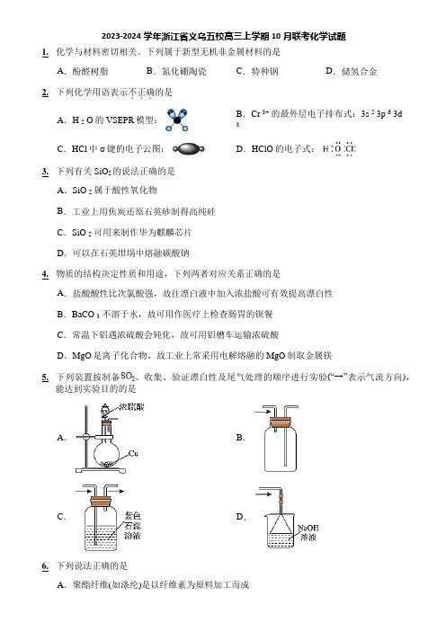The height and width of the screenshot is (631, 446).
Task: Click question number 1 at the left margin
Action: pos(45,52)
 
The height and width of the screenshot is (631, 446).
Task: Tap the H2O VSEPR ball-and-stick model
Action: pos(177,120)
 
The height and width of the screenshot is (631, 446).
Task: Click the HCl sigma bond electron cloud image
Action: pos(189,149)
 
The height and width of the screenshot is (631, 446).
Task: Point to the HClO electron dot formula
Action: pos(339,149)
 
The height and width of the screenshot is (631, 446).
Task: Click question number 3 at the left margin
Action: pos(45,172)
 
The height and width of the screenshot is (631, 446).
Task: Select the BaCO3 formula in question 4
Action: pos(85,315)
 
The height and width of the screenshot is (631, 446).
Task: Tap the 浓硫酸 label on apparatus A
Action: pos(131,407)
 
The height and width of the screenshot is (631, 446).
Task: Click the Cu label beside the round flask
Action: pos(134,454)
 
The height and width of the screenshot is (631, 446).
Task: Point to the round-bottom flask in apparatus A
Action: pos(106,453)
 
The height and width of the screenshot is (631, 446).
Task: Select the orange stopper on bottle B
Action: pos(280,422)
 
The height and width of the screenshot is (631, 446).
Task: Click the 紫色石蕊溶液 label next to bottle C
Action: pos(132,526)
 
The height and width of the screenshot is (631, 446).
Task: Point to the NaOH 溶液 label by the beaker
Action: pos(308,532)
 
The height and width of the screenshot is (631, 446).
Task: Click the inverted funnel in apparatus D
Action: pos(281,523)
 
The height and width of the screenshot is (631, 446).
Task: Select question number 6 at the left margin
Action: pos(45,566)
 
